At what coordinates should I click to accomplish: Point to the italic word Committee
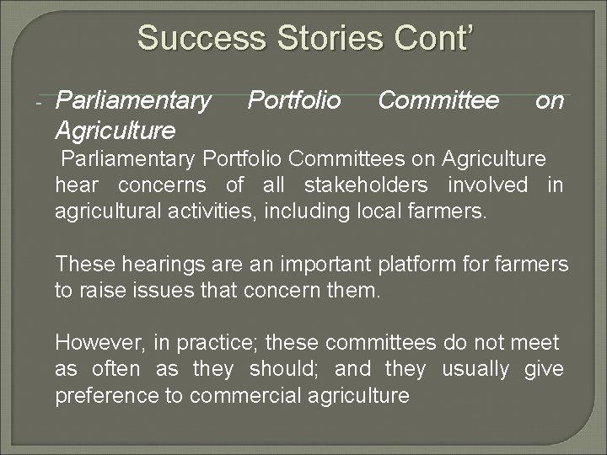[x=438, y=102]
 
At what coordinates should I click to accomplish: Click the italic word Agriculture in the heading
[x=115, y=131]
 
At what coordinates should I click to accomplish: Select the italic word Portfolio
[x=294, y=102]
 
